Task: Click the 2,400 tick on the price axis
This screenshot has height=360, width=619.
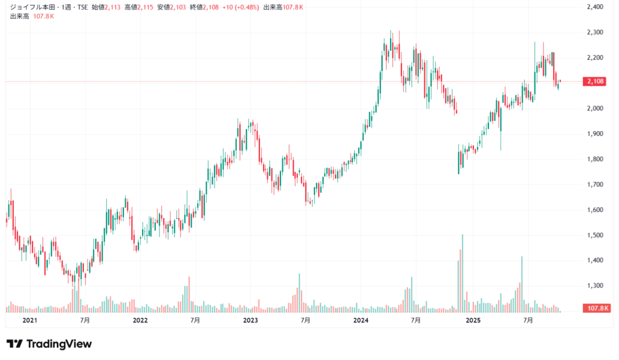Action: pos(595,7)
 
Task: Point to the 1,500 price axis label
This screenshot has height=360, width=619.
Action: pos(595,235)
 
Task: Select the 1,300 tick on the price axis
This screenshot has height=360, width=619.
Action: pos(595,286)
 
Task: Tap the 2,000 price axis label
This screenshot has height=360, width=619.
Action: pos(595,109)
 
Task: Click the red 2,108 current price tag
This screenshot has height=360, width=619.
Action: pos(595,82)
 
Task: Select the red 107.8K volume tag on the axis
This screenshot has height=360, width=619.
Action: pos(597,309)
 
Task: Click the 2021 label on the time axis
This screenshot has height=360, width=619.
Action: pos(29,320)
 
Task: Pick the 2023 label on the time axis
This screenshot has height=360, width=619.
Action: pos(250,320)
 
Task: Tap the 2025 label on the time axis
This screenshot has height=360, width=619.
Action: pos(472,320)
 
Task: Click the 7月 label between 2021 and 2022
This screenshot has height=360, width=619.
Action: pos(85,320)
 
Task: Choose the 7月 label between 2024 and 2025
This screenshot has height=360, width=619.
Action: pos(416,320)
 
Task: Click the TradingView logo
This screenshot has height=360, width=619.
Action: pos(49,344)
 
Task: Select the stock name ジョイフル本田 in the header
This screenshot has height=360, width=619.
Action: pos(31,7)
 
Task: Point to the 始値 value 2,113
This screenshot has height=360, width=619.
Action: pos(113,7)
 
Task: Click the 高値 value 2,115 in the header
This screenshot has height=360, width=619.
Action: pos(145,7)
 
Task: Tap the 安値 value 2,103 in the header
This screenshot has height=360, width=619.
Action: pos(178,7)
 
